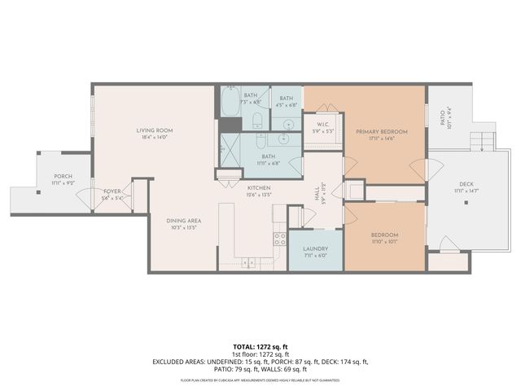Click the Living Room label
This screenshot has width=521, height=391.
(x=153, y=130)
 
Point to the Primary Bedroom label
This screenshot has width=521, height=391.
(x=381, y=131)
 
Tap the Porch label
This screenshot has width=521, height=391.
(x=63, y=177)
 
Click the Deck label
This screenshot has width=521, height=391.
(x=466, y=184)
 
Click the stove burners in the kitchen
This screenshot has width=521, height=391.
(x=279, y=239)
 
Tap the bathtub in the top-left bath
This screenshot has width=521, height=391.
(x=230, y=103)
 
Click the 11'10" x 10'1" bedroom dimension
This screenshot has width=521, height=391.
(x=385, y=240)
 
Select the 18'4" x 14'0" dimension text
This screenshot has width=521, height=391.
(x=153, y=137)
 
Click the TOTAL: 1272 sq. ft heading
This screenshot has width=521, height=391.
(x=260, y=346)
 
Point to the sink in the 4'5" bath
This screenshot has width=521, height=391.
(x=286, y=122)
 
